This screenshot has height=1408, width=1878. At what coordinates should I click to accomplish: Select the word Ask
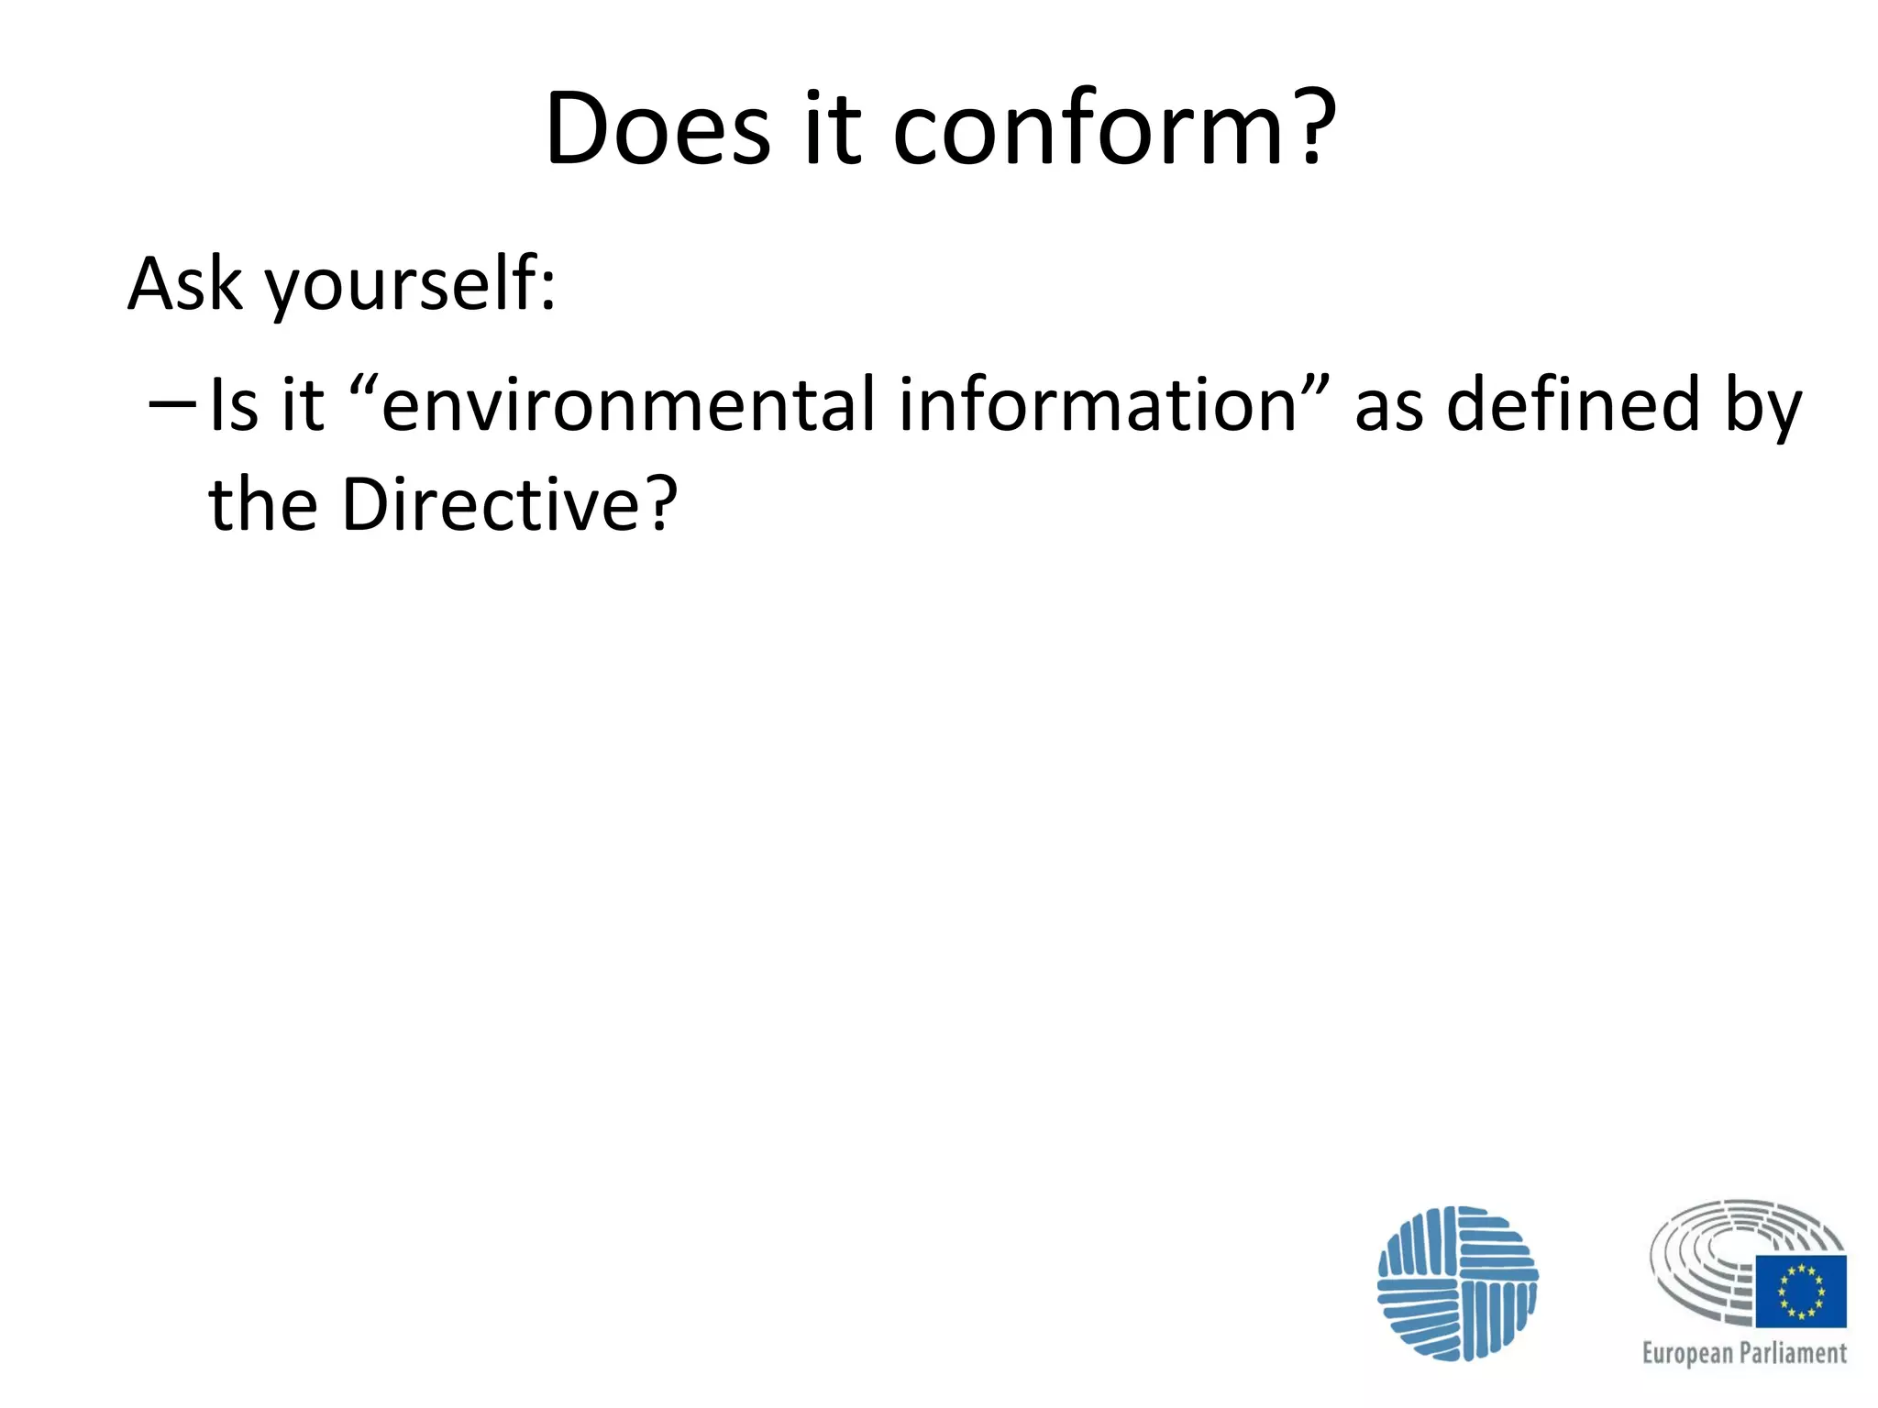click(184, 283)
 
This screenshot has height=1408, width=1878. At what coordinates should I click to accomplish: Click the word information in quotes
click(1097, 405)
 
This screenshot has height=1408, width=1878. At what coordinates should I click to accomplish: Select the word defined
click(1574, 405)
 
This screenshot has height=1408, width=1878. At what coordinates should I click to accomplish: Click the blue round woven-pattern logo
click(1457, 1283)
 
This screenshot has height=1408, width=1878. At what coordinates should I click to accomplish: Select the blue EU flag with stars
click(1801, 1292)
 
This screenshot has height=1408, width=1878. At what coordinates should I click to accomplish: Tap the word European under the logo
click(1687, 1354)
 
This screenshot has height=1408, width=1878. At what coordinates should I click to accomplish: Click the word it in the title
click(833, 129)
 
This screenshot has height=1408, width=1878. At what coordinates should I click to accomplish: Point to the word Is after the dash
click(234, 405)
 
